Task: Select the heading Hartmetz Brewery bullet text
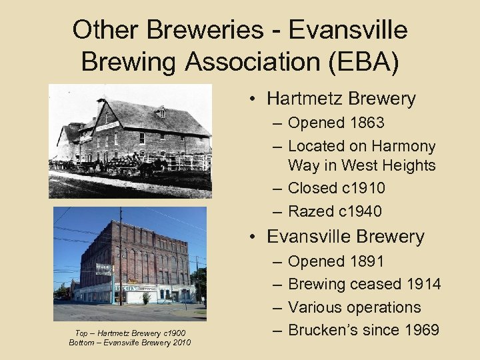pos(341,99)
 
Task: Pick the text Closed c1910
pos(336,188)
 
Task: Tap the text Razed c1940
pos(335,211)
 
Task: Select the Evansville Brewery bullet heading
pos(345,237)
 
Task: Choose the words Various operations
pos(354,307)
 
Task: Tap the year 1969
pos(418,330)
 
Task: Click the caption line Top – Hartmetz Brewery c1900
pos(130,333)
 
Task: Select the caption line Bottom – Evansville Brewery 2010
pos(130,343)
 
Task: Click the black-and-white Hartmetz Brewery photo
pos(130,140)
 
